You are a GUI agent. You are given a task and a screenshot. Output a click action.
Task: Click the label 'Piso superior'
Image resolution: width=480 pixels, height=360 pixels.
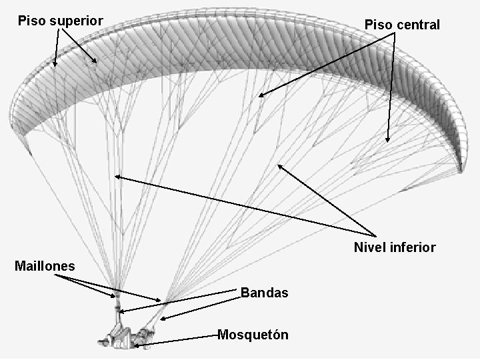click(60, 21)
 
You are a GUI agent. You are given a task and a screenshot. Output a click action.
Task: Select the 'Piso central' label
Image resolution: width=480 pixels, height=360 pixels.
click(402, 25)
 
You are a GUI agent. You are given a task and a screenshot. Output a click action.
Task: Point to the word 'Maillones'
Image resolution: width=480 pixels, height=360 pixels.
click(45, 267)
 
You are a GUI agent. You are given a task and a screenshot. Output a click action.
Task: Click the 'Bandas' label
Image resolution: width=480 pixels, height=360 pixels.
click(264, 293)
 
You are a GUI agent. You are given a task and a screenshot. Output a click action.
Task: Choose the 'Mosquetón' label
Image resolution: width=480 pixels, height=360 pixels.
click(253, 335)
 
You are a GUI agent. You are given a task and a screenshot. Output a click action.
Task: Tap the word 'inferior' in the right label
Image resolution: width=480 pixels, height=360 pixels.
click(413, 247)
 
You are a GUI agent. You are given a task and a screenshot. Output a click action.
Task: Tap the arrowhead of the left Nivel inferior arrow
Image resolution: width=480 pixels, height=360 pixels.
click(117, 177)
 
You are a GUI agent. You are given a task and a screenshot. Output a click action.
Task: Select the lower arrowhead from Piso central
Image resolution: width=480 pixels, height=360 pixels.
click(387, 141)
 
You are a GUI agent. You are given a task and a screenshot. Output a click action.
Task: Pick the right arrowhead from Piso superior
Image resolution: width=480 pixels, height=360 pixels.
click(97, 62)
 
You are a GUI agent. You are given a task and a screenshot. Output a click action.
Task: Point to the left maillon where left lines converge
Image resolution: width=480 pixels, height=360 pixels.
click(117, 294)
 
